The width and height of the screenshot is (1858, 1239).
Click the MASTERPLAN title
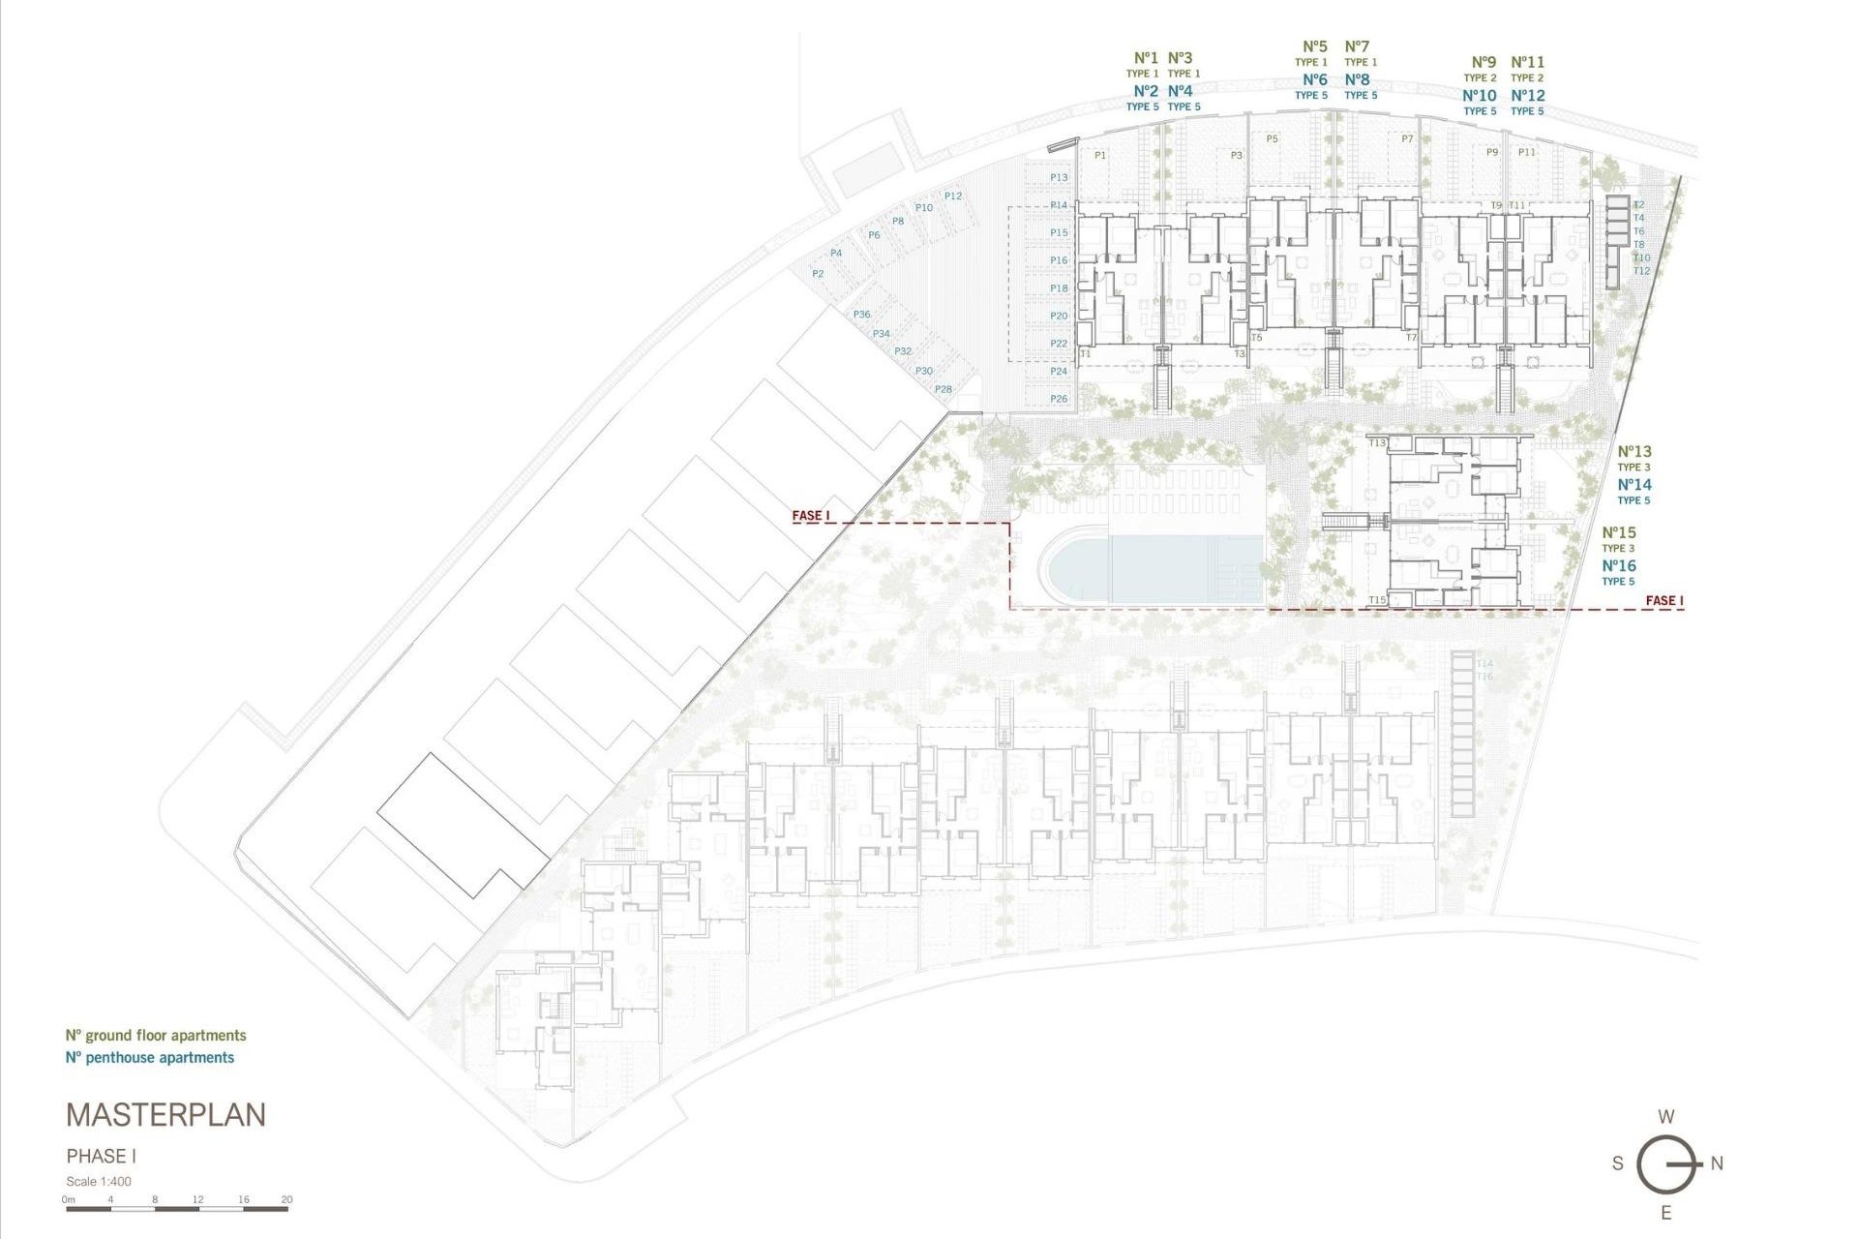[165, 1115]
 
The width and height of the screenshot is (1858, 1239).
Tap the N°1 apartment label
[1146, 58]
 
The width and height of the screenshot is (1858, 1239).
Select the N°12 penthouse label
[1528, 95]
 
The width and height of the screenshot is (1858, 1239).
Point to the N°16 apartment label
[1618, 566]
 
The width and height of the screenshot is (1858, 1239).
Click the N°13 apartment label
[1634, 451]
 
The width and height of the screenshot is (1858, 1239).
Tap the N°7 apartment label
[1357, 46]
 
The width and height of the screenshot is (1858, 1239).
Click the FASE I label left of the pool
[811, 516]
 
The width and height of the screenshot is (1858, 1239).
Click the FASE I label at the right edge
[1664, 601]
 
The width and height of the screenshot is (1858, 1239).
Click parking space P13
[1059, 177]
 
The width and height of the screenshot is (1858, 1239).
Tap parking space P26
[1059, 399]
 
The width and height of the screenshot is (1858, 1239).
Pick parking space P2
[818, 274]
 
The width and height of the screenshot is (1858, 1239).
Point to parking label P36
[861, 315]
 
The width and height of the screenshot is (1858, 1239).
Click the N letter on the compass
[1717, 1164]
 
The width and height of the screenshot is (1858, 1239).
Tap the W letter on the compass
[1665, 1117]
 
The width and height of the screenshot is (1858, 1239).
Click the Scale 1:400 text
[99, 1182]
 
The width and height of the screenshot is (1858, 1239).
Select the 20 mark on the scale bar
[286, 1200]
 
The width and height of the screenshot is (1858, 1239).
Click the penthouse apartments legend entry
[150, 1058]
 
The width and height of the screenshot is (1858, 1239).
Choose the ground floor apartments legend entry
[156, 1036]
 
